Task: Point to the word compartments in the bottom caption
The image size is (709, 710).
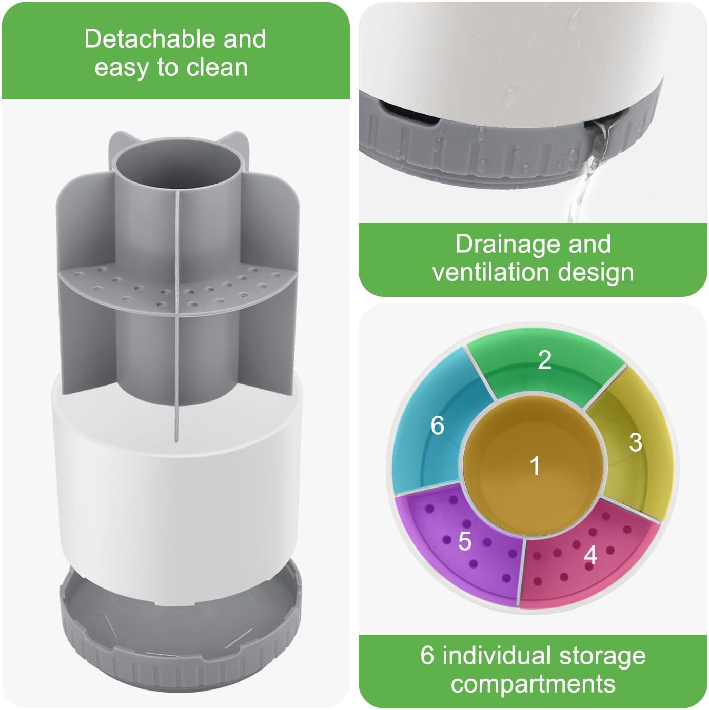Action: [533, 684]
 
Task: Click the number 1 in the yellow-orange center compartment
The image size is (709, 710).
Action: [535, 466]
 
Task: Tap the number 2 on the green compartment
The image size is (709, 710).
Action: [544, 359]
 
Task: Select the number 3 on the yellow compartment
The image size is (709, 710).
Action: [635, 442]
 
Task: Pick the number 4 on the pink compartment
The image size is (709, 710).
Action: [590, 555]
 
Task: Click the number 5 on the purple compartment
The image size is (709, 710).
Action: [464, 541]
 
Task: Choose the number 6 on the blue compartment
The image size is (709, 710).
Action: [437, 425]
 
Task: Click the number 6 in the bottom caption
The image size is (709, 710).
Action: [427, 656]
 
